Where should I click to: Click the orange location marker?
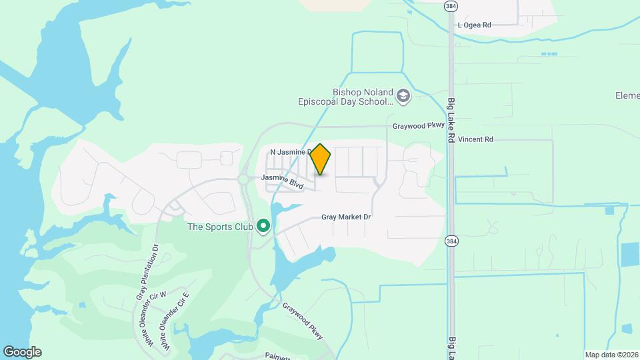(321, 159)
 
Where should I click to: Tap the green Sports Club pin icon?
(263, 227)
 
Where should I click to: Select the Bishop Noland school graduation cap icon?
(403, 97)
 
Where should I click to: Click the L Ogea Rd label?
(474, 25)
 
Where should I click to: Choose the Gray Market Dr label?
(345, 217)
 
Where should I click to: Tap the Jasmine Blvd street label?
(282, 179)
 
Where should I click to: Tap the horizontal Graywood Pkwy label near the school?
(418, 126)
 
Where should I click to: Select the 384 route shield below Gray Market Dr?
(452, 240)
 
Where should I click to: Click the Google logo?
(22, 352)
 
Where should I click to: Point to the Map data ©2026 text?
(611, 355)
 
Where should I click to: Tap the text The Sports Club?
(220, 227)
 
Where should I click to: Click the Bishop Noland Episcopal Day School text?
(344, 97)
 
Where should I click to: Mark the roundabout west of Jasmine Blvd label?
(243, 179)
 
